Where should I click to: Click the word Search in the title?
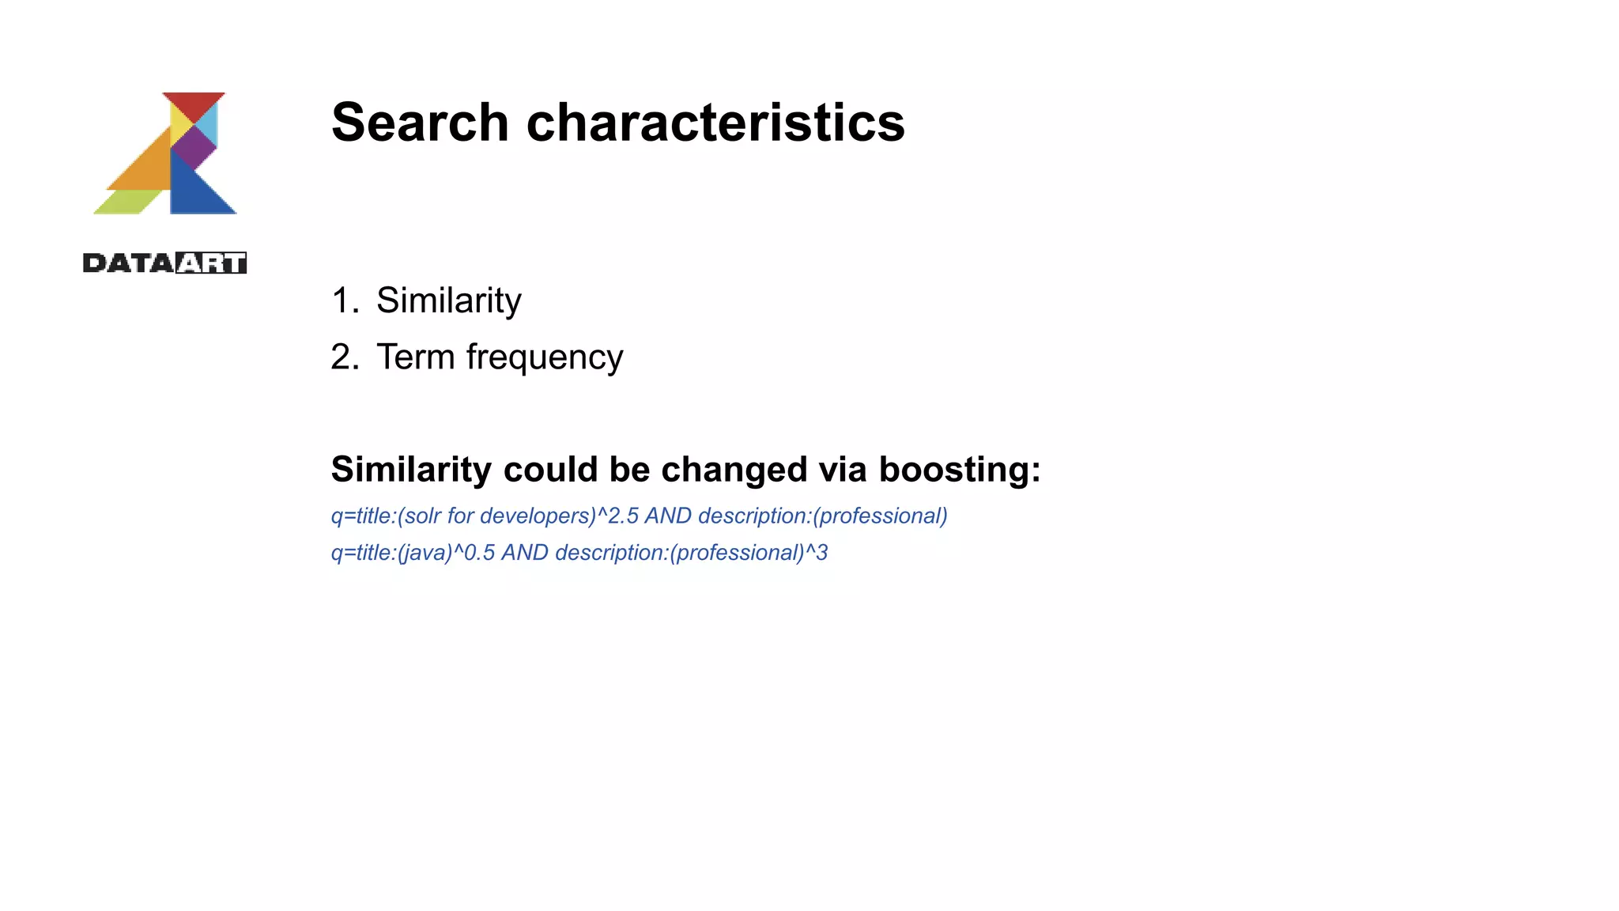coord(420,123)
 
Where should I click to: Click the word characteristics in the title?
coord(715,123)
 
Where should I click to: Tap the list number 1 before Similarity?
coord(344,301)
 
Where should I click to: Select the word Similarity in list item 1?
coord(448,301)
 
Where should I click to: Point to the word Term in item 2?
coord(415,357)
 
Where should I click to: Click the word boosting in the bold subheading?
coord(959,470)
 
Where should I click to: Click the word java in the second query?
coord(425,553)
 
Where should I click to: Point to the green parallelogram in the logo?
coord(127,202)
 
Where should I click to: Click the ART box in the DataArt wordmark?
coord(210,263)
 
